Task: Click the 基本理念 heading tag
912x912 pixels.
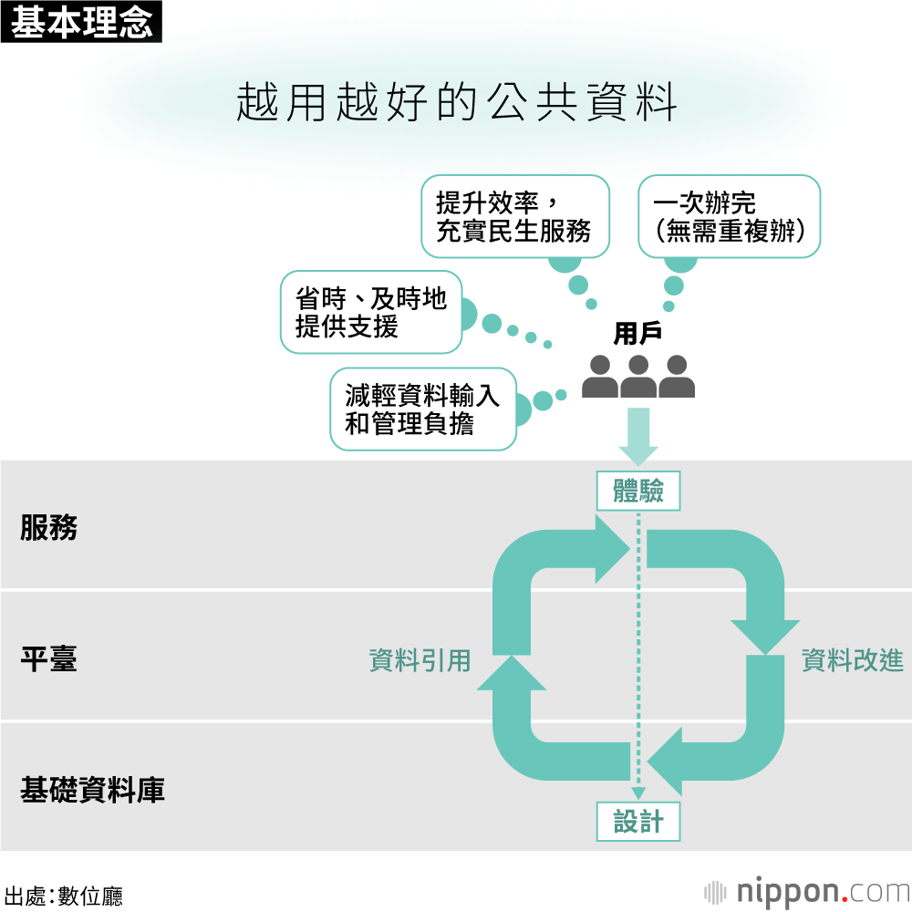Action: [x=82, y=22]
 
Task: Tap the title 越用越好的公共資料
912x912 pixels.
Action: [x=456, y=103]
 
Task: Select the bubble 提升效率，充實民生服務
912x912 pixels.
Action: [x=515, y=215]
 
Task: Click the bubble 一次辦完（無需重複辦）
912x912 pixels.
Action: [x=729, y=215]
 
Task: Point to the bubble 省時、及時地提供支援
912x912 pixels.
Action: [x=371, y=312]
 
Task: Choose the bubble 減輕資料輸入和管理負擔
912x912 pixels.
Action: [x=422, y=409]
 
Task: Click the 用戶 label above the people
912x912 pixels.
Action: [x=637, y=334]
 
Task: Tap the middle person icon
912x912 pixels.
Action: [x=638, y=378]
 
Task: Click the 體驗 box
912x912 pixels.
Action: [x=638, y=492]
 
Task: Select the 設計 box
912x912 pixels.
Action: [x=638, y=822]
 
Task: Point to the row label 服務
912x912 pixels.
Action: [x=49, y=527]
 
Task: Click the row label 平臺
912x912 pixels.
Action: [x=49, y=658]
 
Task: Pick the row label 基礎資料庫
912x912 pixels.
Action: [x=92, y=790]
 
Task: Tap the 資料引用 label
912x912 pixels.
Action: [x=420, y=660]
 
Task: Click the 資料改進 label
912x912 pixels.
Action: [x=852, y=660]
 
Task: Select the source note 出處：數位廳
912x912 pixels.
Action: [x=64, y=896]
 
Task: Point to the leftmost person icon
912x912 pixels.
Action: [x=600, y=378]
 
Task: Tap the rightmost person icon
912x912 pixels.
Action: [x=677, y=378]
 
